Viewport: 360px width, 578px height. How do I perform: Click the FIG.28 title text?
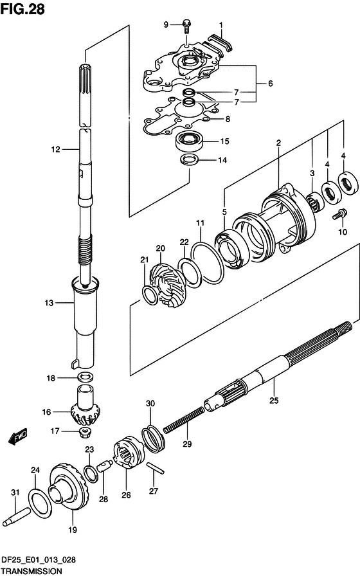(23, 9)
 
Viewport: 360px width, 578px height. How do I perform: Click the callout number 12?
(55, 149)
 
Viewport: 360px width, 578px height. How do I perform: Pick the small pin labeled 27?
(156, 468)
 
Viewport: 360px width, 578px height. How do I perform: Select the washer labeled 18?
(85, 377)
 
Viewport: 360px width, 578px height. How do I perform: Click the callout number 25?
(274, 401)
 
